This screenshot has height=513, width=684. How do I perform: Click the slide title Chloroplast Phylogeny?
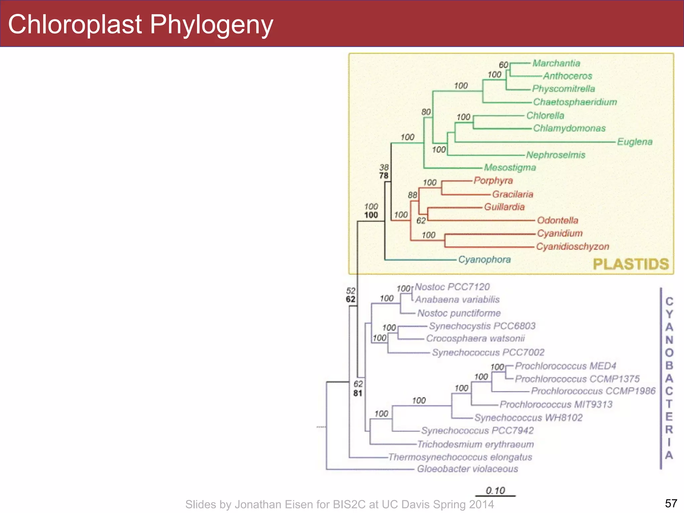[140, 25]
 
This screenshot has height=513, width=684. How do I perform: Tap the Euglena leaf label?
[635, 142]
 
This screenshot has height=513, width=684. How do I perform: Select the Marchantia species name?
[556, 63]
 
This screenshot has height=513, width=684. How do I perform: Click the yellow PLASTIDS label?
[631, 264]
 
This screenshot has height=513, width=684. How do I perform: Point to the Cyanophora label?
[484, 260]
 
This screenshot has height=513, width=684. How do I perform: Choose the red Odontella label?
[557, 220]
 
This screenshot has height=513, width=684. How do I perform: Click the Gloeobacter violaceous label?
[468, 469]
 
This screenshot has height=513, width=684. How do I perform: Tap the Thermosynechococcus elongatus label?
[460, 457]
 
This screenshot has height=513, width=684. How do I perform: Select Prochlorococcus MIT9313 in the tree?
[556, 404]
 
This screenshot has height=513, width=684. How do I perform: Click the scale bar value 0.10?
[495, 490]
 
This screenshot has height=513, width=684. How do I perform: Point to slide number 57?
[671, 503]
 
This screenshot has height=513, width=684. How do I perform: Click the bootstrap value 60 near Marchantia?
[503, 65]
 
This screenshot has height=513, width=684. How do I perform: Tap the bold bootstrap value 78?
[384, 176]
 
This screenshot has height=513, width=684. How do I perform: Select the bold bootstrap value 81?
[358, 393]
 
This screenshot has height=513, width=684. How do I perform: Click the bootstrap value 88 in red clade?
[412, 195]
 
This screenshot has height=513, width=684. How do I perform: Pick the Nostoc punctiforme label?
[459, 313]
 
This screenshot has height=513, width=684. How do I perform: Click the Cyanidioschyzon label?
[572, 246]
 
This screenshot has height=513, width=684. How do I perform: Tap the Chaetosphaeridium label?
[575, 102]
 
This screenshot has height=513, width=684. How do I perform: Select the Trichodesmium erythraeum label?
[476, 444]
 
